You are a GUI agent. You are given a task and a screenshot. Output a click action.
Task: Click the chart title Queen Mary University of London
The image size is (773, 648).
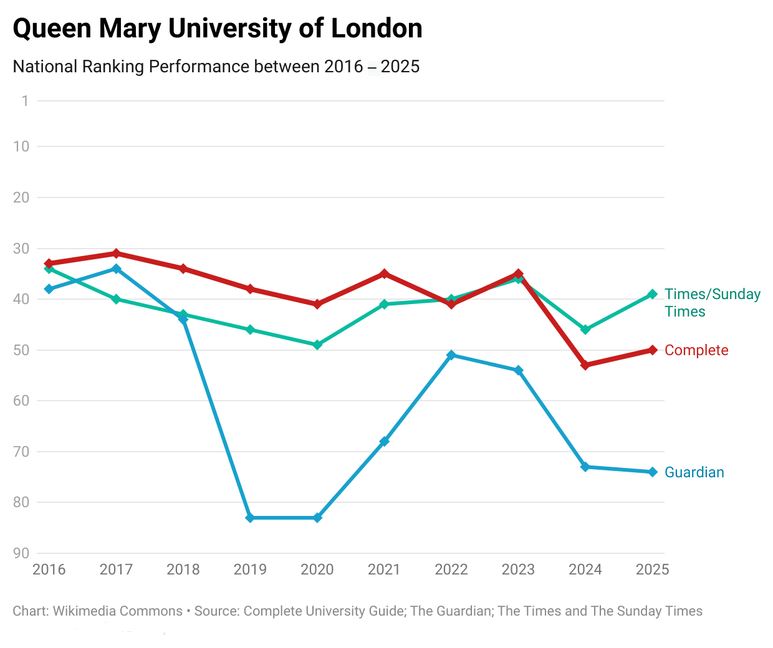pos(217,29)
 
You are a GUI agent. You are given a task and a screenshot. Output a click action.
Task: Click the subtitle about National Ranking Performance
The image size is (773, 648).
pos(216,67)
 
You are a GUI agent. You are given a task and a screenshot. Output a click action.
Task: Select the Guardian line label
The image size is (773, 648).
pos(694,472)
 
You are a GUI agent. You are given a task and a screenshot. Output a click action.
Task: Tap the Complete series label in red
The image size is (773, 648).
pos(696,350)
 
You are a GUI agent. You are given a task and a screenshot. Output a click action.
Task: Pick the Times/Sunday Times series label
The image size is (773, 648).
pos(712,303)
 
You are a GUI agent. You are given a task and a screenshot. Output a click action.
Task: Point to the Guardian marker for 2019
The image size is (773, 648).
pos(250,518)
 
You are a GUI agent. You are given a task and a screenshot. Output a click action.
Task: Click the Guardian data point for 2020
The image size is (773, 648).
pos(317,518)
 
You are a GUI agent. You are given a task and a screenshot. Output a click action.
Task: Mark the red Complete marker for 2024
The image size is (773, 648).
pos(585,365)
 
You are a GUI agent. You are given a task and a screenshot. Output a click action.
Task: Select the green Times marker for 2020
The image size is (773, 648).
pos(317,345)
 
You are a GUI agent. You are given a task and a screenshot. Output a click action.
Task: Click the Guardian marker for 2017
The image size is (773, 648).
pos(116,269)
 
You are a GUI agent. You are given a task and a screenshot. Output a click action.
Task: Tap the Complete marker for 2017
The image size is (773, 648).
pos(116,254)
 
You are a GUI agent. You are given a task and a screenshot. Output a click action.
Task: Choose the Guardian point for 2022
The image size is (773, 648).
pos(451,355)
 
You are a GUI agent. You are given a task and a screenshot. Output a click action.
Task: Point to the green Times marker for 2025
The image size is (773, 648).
pos(653,294)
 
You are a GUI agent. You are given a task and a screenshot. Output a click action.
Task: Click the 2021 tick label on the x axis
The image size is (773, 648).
pos(384,569)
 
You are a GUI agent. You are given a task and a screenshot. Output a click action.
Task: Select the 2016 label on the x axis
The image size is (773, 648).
pos(49,569)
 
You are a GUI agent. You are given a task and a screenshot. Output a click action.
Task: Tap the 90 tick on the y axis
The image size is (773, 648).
pos(21,553)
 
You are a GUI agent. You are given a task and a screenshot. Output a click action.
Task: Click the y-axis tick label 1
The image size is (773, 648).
pos(25,101)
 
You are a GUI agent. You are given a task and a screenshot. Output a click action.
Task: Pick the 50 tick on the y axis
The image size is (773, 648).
pos(21,350)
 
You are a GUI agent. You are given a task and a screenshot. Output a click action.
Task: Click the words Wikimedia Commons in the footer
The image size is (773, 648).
pos(118,611)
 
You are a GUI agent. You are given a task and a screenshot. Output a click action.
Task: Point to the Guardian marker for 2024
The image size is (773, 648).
pos(585,467)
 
